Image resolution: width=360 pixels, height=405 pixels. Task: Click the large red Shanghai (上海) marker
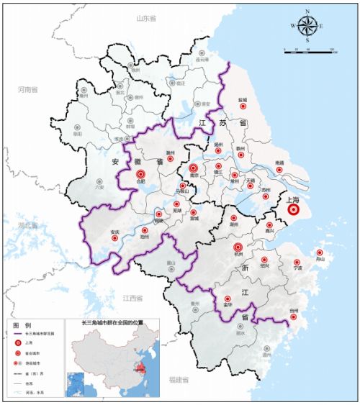293,210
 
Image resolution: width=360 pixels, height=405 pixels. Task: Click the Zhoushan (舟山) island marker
319,252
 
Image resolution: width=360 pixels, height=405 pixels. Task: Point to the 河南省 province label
29,90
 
